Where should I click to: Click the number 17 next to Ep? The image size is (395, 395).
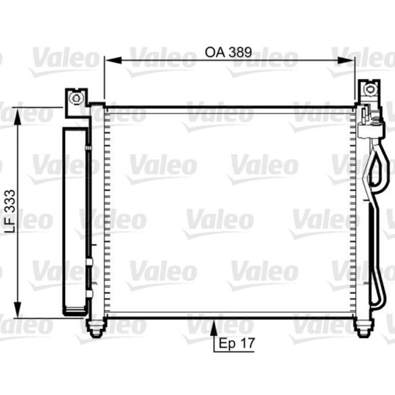[247, 343]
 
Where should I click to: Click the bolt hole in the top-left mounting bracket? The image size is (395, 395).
[76, 97]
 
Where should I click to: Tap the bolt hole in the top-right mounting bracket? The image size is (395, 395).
[368, 89]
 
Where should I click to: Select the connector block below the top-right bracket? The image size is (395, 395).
[371, 128]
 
